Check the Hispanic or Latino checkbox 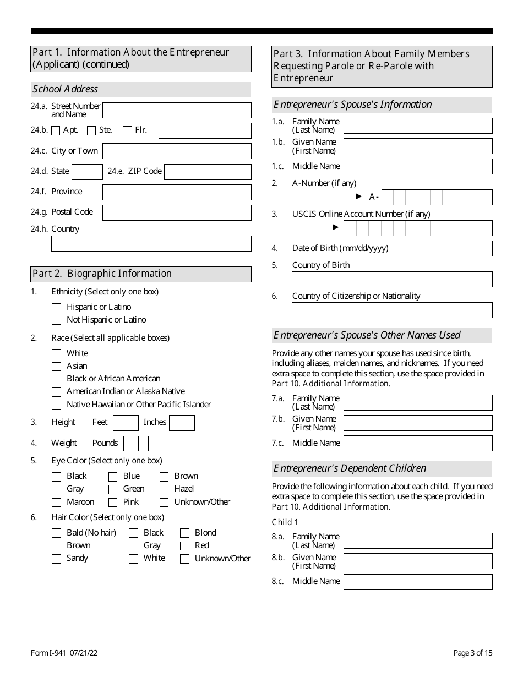point(56,308)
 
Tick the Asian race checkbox point(56,367)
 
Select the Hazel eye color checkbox point(164,489)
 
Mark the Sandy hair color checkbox point(56,559)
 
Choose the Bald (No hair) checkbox point(56,533)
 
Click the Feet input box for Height point(126,423)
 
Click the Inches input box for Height point(182,423)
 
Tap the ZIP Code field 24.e point(208,172)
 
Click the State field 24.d point(87,172)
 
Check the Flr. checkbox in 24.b point(127,131)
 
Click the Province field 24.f point(177,192)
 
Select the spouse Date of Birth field point(456,249)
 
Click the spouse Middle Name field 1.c point(418,166)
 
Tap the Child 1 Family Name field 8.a point(418,541)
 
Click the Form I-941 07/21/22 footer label point(64,653)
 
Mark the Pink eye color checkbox point(113,503)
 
